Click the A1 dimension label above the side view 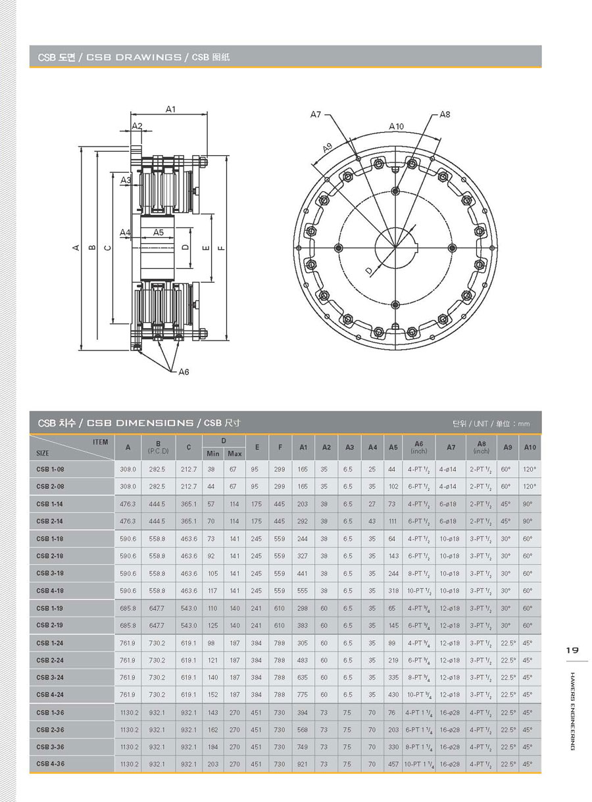tap(170, 109)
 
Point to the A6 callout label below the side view tap(184, 372)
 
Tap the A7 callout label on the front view tap(316, 114)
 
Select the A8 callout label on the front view tap(445, 114)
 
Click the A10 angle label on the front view tap(396, 126)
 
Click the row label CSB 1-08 tap(50, 469)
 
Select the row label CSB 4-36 tap(50, 764)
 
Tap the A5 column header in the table tap(393, 448)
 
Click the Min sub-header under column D tap(213, 454)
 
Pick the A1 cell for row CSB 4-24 tap(303, 695)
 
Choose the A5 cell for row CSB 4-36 tap(393, 764)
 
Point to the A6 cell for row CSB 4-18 tap(419, 591)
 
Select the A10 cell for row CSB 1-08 tap(528, 469)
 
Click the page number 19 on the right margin tap(572, 650)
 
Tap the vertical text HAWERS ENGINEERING tap(572, 711)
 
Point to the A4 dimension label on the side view tap(126, 233)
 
